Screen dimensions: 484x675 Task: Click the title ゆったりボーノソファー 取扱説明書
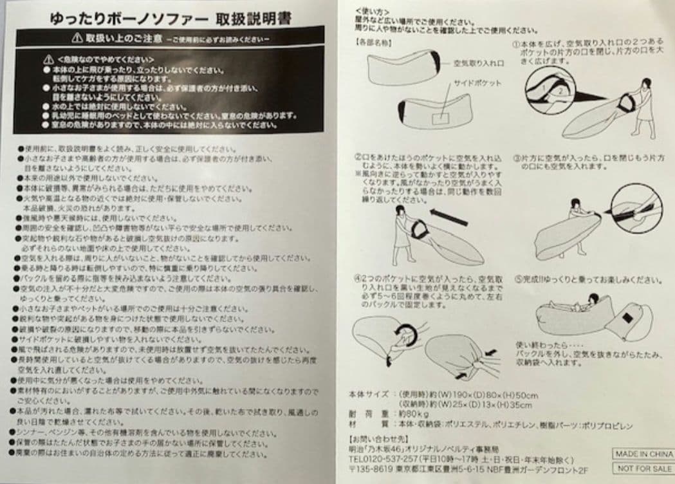tap(171, 19)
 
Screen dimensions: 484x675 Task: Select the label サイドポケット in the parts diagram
tap(477, 83)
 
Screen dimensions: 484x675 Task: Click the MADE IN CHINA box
tap(642, 453)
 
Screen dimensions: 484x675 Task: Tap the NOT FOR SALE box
tap(642, 470)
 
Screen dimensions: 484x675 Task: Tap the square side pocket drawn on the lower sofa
tap(440, 116)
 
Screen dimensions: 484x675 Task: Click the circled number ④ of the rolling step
tap(359, 279)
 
